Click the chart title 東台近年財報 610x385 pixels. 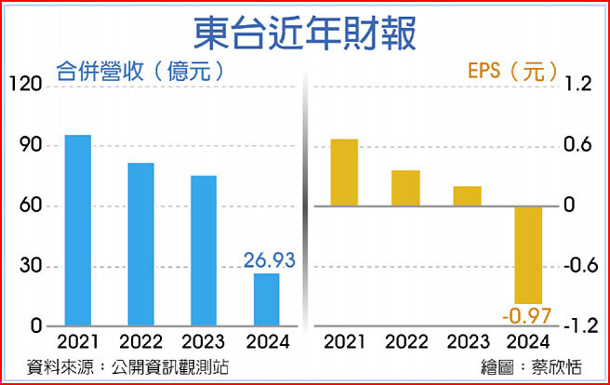pos(304,32)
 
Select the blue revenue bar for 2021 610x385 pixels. pos(78,231)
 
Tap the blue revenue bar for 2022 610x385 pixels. pos(141,245)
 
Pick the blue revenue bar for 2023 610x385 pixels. pos(204,251)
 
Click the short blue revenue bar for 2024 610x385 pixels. pos(267,300)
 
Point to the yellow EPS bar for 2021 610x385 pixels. pos(344,172)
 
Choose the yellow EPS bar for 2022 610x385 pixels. pos(405,188)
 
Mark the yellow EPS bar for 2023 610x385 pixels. pos(468,195)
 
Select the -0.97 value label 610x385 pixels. pos(526,316)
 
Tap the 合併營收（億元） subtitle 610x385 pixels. pos(139,71)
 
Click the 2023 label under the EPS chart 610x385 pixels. pos(467,341)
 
